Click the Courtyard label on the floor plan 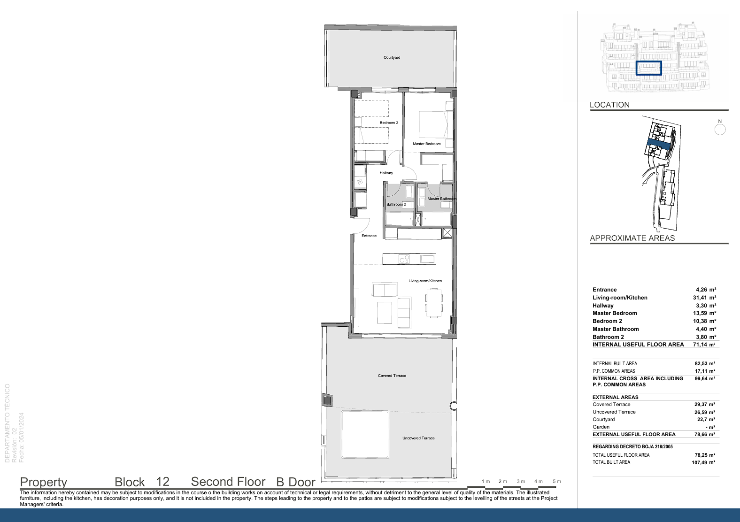coord(392,57)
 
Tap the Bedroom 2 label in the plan coord(389,123)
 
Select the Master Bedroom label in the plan coord(426,144)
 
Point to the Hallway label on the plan coord(386,173)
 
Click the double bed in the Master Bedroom coord(436,124)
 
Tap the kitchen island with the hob coord(409,259)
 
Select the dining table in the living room coord(433,303)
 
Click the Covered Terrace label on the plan coord(392,376)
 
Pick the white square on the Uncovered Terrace coord(365,435)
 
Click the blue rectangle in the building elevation coord(649,68)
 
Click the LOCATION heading coord(609,105)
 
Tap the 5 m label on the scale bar coord(557,481)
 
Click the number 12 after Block coord(162,482)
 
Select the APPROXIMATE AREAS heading coord(632,238)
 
